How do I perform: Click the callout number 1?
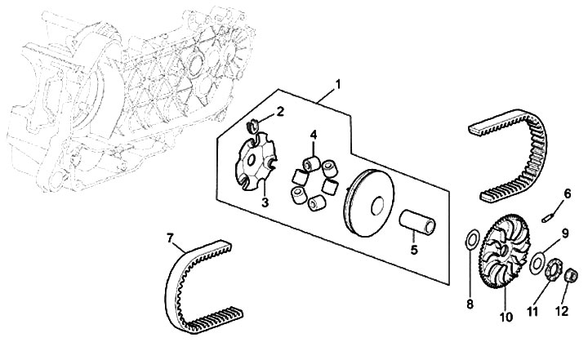(x=338, y=84)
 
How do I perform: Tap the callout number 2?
(x=280, y=111)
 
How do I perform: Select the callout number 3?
(x=265, y=201)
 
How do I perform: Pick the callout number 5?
(x=414, y=250)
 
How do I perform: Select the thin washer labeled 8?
(x=471, y=241)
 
